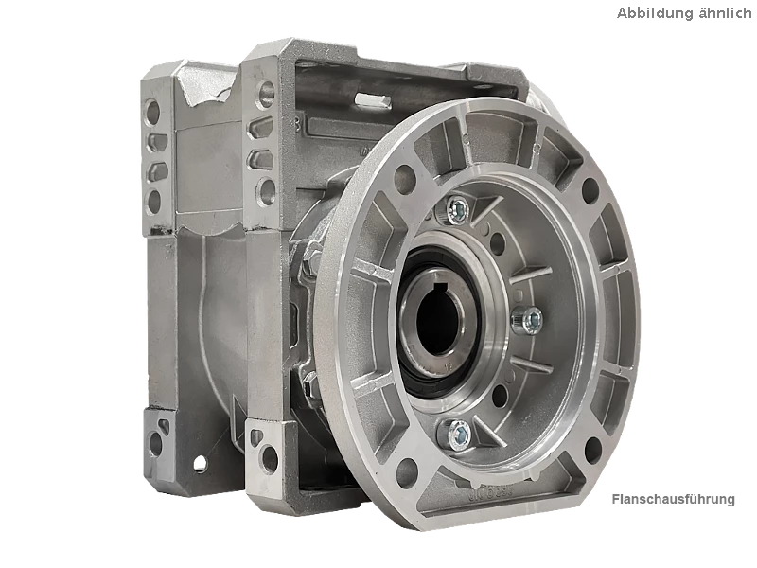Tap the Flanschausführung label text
673,499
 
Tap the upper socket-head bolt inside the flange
459,209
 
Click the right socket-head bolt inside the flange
528,320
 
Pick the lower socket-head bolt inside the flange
456,434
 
